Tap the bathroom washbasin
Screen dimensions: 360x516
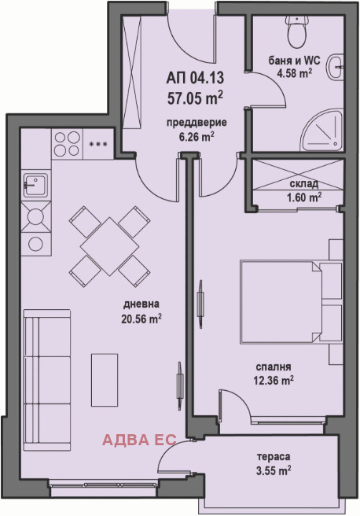coord(336,67)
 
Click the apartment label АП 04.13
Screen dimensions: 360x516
coord(195,79)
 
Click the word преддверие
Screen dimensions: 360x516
coord(197,123)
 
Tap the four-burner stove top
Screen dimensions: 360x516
coord(67,144)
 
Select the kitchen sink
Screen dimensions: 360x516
coord(36,185)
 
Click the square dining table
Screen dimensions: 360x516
coord(110,246)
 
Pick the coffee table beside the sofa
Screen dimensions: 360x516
coord(105,380)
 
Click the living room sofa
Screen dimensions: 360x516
coord(47,380)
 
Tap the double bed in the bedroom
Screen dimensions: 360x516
coord(292,302)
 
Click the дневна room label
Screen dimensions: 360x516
coord(141,304)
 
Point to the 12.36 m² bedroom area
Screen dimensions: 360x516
coord(274,381)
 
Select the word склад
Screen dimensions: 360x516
coord(303,183)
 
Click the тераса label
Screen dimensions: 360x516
coord(274,457)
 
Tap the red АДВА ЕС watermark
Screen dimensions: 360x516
coord(139,440)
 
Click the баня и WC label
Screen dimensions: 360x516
coord(294,61)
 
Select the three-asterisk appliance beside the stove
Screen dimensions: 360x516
coord(98,144)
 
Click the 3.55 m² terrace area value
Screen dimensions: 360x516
coord(274,471)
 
